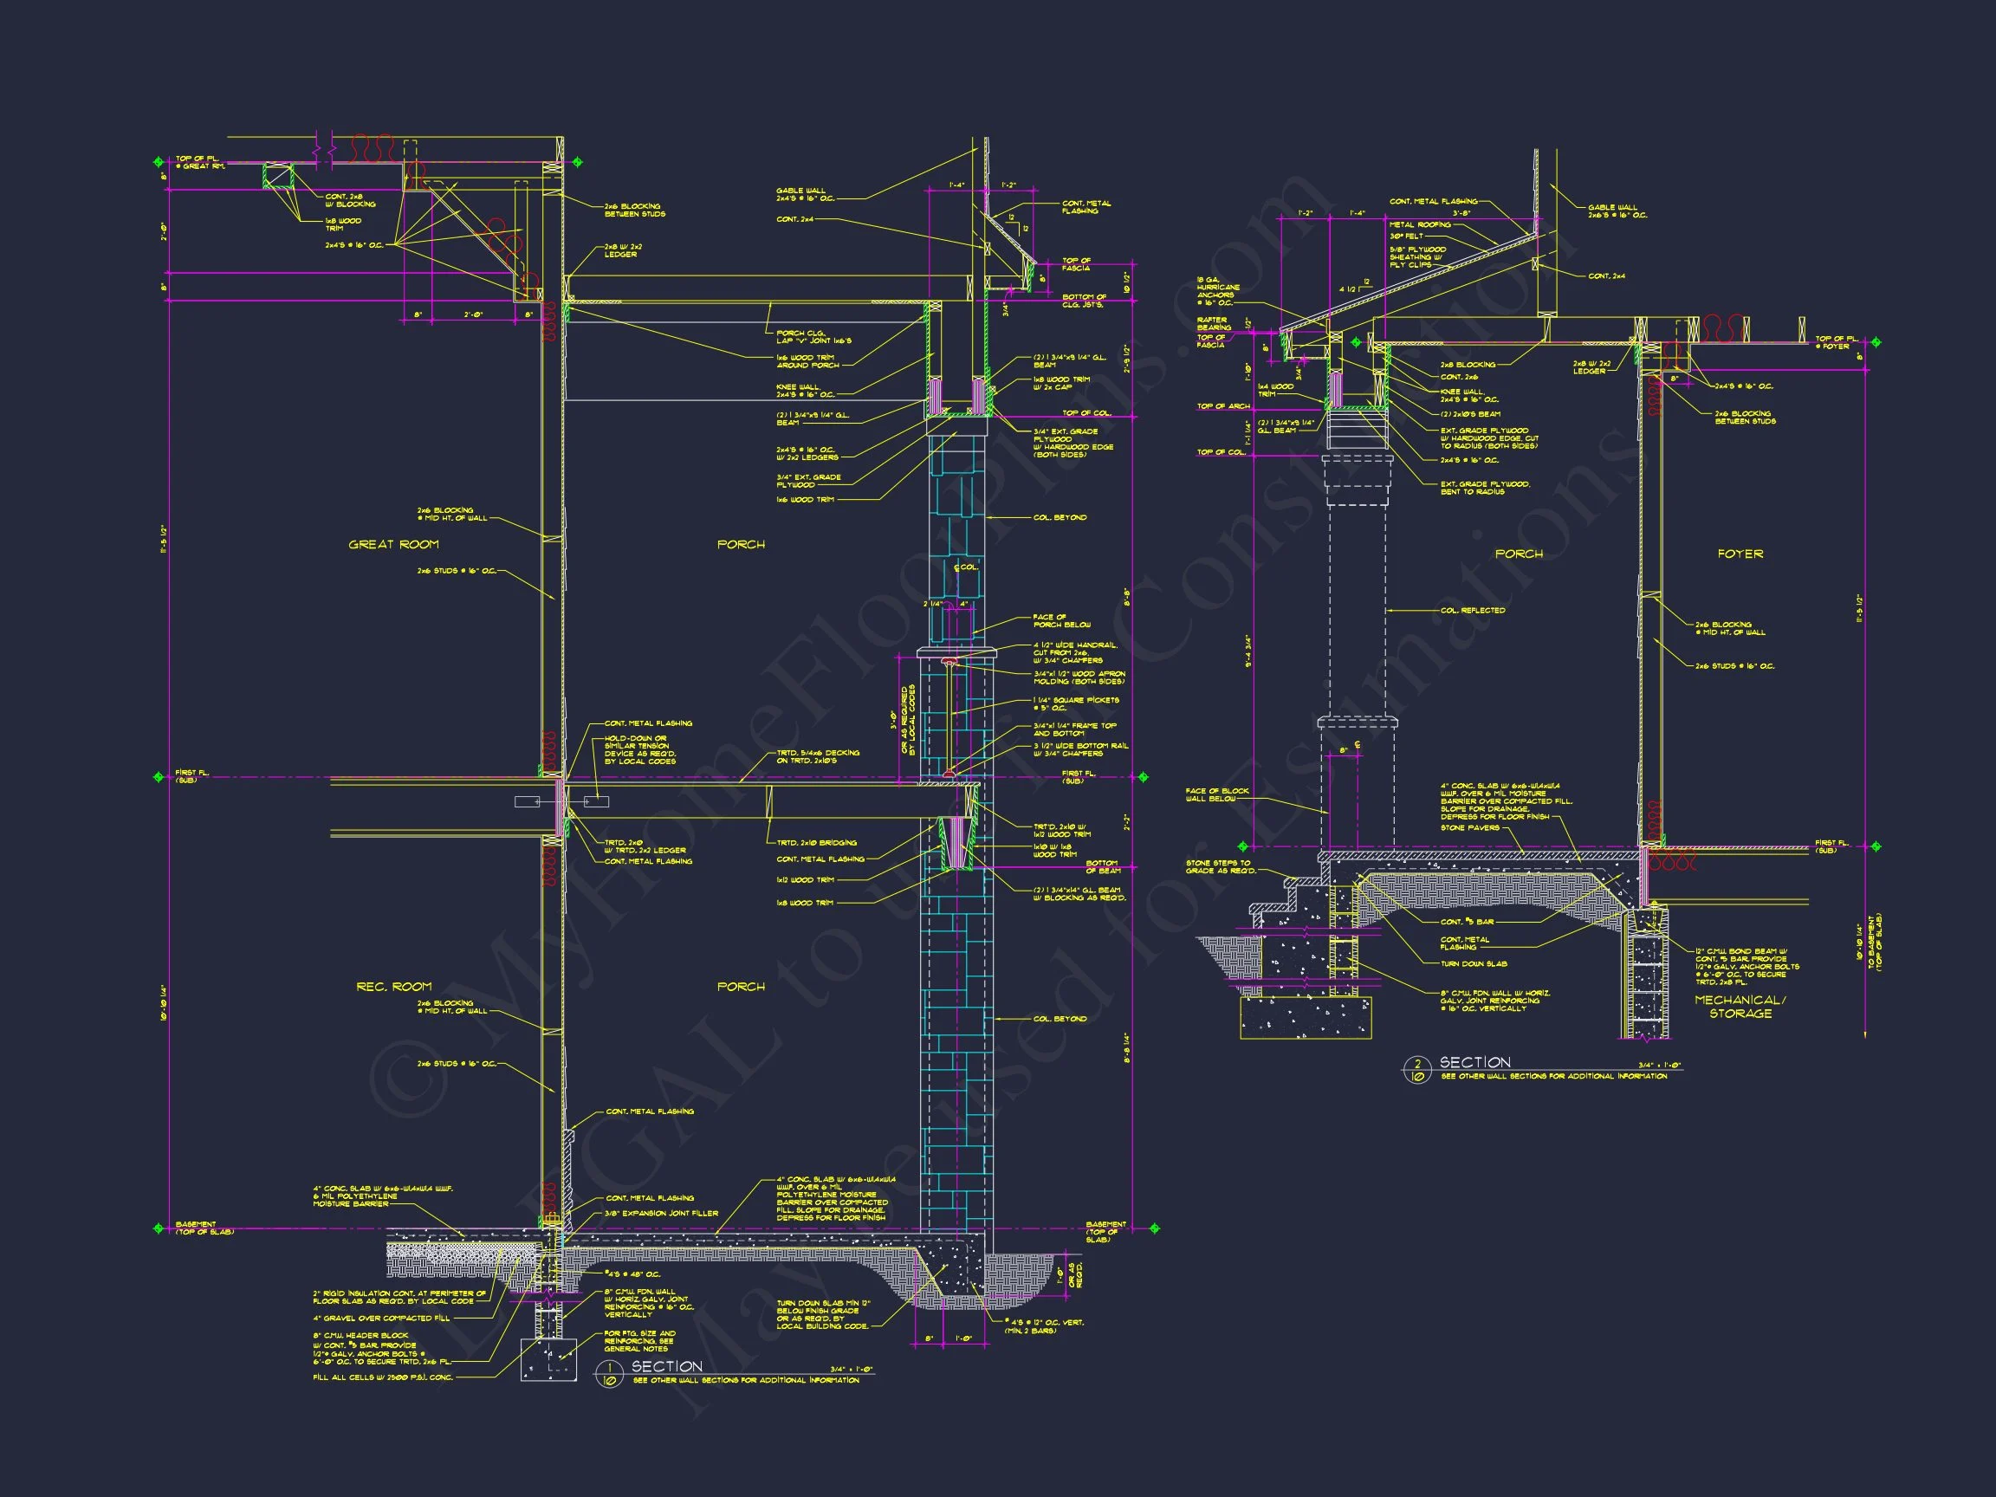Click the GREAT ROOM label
(x=393, y=544)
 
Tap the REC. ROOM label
(x=393, y=986)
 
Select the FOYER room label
(x=1740, y=553)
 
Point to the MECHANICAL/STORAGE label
(x=1740, y=1006)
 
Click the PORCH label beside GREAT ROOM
(x=741, y=544)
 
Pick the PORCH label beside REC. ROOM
(x=741, y=986)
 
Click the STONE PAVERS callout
(x=1470, y=827)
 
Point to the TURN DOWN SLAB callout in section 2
(x=1474, y=963)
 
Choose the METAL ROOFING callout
(x=1420, y=224)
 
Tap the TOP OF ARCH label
(x=1223, y=406)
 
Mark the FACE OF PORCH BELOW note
(x=1061, y=621)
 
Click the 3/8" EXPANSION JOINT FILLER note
(x=661, y=1213)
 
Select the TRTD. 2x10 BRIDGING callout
(x=817, y=843)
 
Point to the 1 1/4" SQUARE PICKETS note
(x=1076, y=703)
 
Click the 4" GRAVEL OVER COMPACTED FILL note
(x=381, y=1319)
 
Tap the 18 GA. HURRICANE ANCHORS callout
(x=1218, y=290)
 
